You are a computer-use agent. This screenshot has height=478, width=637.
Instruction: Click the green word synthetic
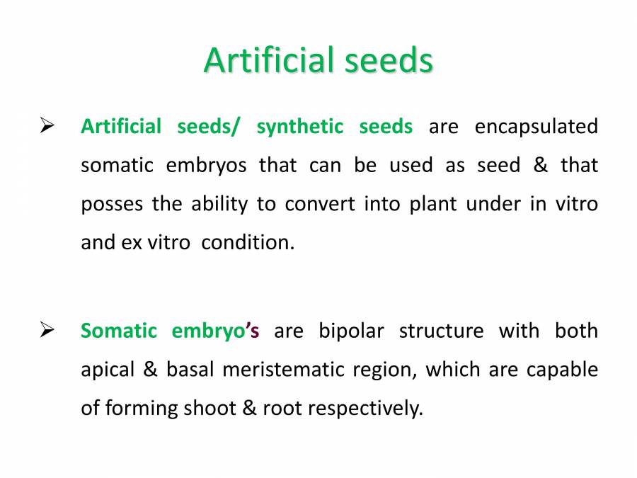click(x=299, y=127)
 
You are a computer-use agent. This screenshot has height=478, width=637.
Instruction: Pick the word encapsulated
click(x=536, y=127)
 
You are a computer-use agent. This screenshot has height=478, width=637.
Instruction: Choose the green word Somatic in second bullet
click(x=117, y=331)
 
